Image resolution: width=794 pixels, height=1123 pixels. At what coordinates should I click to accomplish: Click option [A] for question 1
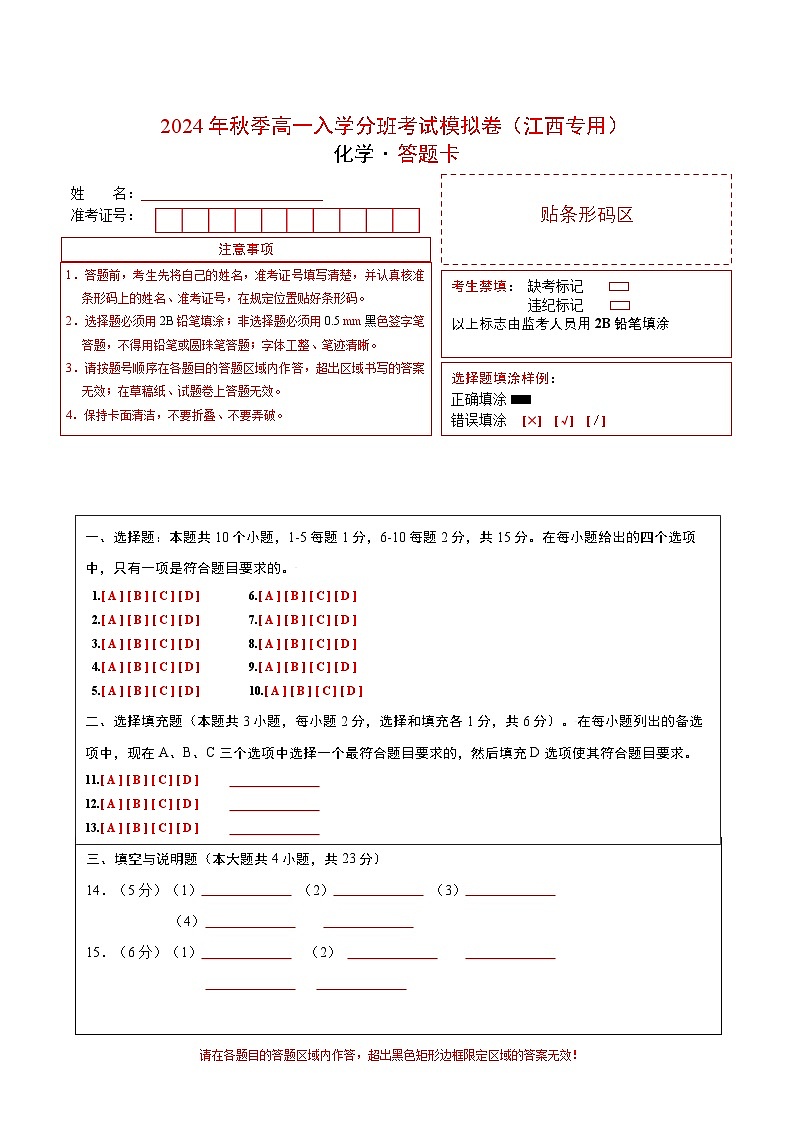111,596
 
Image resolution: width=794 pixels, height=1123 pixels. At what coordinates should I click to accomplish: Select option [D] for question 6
345,596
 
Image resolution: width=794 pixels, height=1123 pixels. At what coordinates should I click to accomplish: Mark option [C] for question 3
163,644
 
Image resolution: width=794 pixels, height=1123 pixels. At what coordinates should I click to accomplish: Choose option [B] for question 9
295,667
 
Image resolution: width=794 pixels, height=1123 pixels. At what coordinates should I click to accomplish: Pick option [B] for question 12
137,804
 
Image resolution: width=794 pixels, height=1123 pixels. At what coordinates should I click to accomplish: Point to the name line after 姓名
231,198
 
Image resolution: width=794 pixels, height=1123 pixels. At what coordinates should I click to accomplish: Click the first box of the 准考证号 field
168,220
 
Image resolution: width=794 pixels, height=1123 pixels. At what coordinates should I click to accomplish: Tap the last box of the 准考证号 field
406,220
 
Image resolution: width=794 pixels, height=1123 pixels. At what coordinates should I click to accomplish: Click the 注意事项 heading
246,249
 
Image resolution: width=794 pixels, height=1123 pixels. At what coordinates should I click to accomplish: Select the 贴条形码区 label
586,215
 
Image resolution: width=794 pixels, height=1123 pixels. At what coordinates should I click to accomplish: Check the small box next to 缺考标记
619,287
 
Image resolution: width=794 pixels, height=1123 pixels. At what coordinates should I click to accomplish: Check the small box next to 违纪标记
619,305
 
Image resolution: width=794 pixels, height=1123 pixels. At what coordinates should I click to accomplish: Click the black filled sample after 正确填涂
520,401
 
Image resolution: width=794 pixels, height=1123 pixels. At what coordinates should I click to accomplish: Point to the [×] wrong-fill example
532,421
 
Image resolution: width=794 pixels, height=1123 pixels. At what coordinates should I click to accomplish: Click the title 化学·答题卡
396,155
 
